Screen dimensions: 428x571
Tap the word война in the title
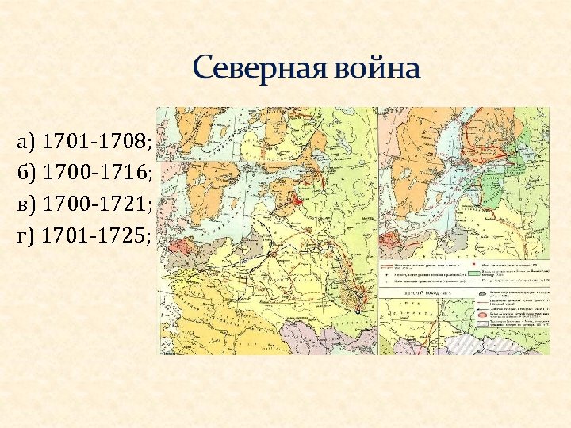tap(373, 70)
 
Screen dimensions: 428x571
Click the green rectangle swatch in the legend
tap(473, 271)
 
